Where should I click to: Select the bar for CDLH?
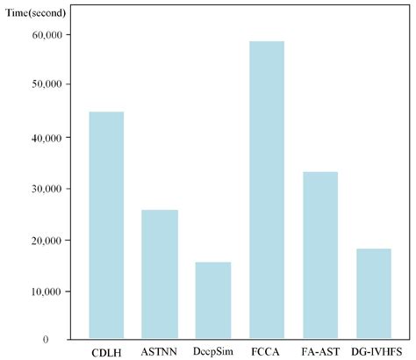(106, 225)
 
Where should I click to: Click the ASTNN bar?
(160, 274)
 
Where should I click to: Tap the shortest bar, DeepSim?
(213, 299)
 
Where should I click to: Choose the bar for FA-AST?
(320, 255)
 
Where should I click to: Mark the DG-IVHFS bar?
(373, 293)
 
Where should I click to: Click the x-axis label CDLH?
(107, 352)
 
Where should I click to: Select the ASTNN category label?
(160, 352)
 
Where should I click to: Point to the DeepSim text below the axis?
(213, 352)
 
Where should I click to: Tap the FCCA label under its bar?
(267, 352)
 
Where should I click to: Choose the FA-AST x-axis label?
(320, 352)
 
